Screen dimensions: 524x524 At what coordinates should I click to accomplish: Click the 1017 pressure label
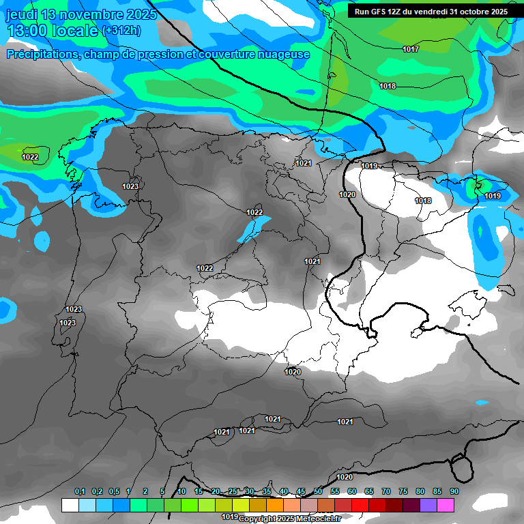411,49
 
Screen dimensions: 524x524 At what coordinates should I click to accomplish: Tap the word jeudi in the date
21,14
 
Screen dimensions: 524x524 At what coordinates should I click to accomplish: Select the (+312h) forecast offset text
121,31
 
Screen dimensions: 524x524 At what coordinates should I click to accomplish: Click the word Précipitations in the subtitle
41,55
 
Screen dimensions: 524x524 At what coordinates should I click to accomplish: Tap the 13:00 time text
27,31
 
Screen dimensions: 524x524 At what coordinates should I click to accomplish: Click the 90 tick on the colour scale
454,491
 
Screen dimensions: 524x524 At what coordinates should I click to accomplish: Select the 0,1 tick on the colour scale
80,491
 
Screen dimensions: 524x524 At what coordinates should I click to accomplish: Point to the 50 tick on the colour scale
318,491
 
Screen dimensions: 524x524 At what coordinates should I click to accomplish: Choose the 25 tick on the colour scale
233,491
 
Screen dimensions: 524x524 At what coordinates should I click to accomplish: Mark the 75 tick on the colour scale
403,491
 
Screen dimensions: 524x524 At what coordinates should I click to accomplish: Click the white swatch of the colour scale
70,505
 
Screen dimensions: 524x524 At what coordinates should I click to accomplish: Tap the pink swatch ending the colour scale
446,505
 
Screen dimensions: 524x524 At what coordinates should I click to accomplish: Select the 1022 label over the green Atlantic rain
30,157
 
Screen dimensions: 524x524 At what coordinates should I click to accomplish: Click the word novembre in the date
89,14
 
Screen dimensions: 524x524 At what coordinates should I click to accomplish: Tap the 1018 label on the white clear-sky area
423,201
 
